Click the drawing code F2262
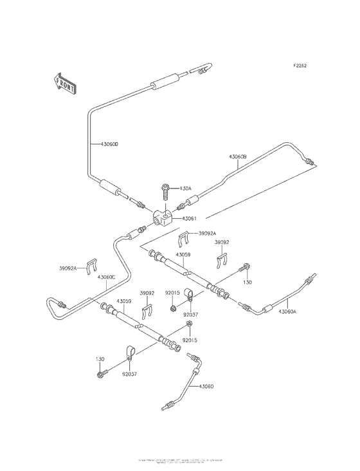[300, 66]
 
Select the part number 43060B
[238, 156]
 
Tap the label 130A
[186, 189]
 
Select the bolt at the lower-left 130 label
[101, 374]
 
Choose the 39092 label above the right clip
[221, 243]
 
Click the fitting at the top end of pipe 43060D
[204, 68]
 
